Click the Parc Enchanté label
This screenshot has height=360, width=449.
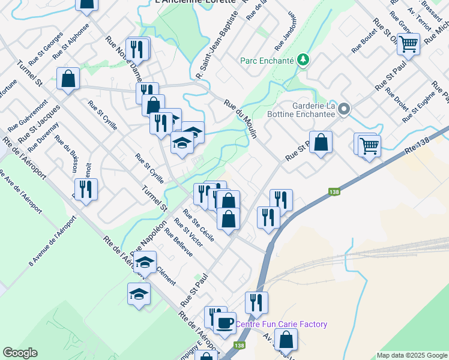tap(267, 60)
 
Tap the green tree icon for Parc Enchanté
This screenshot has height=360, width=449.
tap(304, 59)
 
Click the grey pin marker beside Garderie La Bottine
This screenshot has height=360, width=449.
tap(344, 109)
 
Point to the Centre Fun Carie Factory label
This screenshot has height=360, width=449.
tap(281, 325)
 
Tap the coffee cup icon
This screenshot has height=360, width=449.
tap(225, 322)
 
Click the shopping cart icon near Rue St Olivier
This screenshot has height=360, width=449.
tap(408, 43)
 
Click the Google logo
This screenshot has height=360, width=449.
tap(20, 353)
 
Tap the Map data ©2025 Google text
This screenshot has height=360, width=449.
tap(412, 355)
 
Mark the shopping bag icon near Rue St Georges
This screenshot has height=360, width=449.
tap(68, 79)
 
